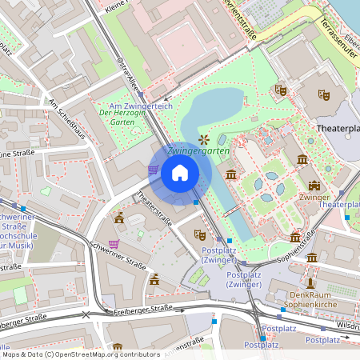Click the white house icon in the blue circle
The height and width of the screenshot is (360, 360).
(180, 173)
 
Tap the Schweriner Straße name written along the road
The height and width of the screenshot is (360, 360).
(118, 256)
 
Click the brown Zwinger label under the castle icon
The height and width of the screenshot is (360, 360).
(314, 196)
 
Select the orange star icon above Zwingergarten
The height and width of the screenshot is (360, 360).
(202, 139)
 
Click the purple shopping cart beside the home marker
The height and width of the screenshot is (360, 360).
(153, 170)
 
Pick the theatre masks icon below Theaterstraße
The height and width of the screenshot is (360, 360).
(200, 234)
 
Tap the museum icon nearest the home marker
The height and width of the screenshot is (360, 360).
(231, 174)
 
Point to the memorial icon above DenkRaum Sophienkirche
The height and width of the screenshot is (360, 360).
(310, 282)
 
